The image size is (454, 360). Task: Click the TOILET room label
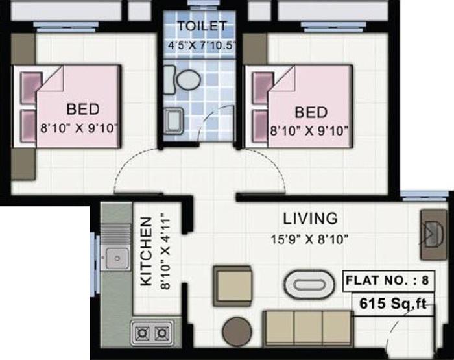coord(202,27)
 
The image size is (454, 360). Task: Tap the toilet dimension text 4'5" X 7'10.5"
coord(201,45)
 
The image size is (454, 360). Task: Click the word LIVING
coord(310,218)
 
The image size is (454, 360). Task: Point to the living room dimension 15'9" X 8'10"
coord(309,239)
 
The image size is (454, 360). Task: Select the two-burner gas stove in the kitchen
coord(152,333)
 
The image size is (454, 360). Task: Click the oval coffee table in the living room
coord(307,283)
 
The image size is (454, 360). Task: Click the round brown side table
coord(237,332)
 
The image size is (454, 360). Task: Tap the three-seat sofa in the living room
coord(307,327)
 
